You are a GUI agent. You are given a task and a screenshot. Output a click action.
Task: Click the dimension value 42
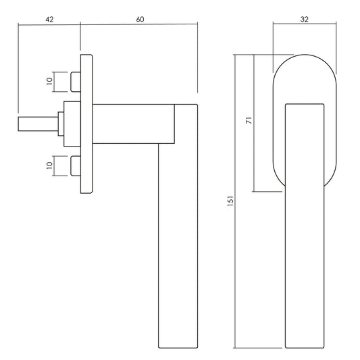[x=49, y=20]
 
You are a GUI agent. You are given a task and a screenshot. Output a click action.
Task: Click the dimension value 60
[x=140, y=20]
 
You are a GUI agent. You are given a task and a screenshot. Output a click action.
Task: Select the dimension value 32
[x=304, y=20]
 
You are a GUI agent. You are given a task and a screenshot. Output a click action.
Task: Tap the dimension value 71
[x=249, y=120]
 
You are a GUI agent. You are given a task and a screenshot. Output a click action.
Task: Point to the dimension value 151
[x=230, y=201]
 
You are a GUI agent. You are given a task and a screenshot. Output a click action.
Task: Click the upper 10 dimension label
[x=49, y=82]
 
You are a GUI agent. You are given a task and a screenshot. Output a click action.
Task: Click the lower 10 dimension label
[x=49, y=165]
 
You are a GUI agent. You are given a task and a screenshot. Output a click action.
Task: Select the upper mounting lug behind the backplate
[x=76, y=82]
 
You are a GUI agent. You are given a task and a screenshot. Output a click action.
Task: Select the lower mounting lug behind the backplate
[x=76, y=166]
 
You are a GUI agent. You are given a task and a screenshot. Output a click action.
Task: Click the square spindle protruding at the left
[x=38, y=124]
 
